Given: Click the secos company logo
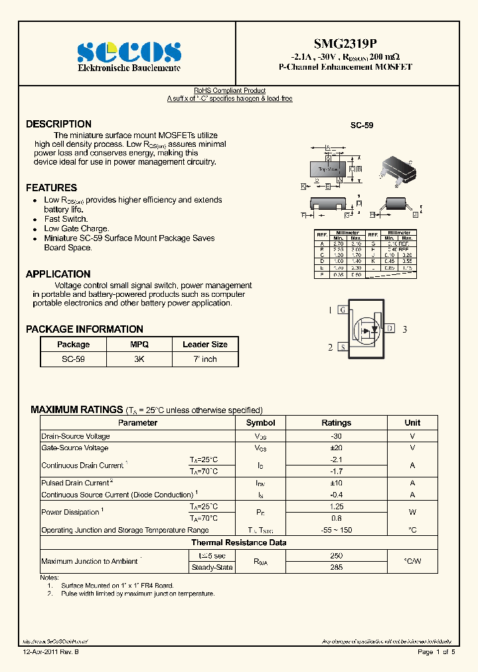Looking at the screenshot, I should [129, 52].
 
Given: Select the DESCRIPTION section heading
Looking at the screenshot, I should [58, 124].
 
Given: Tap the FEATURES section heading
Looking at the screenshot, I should [51, 188].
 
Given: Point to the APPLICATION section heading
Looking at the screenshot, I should [58, 274].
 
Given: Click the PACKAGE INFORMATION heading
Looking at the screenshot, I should [84, 329].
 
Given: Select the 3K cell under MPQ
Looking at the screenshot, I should [139, 359].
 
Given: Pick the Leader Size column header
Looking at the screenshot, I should [205, 345].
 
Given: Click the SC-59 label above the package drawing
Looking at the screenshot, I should [361, 125].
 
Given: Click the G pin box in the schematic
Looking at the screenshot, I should [342, 310].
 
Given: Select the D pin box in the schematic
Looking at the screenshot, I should [390, 328].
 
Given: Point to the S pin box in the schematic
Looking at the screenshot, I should [342, 347].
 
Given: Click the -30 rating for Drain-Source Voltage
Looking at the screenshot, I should [336, 436].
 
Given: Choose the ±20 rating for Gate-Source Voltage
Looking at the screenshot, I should [336, 448].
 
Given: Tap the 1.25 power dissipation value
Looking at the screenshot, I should [336, 507].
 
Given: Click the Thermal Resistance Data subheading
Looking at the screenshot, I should [239, 543].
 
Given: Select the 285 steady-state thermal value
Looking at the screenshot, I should [336, 567].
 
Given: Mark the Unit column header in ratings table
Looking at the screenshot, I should [412, 423].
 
